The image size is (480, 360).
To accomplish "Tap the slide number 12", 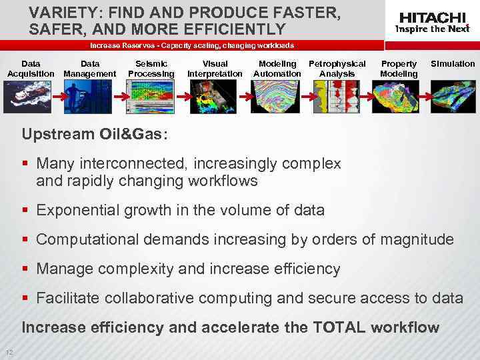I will pyautogui.click(x=8, y=353).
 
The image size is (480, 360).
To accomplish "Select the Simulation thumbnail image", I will pyautogui.click(x=453, y=95).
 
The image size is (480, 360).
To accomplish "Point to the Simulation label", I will pyautogui.click(x=453, y=64).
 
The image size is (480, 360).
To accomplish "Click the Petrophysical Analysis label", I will pyautogui.click(x=337, y=69).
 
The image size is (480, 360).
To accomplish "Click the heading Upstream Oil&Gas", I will pyautogui.click(x=95, y=133).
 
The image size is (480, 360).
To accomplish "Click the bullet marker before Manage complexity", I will pyautogui.click(x=27, y=269).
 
